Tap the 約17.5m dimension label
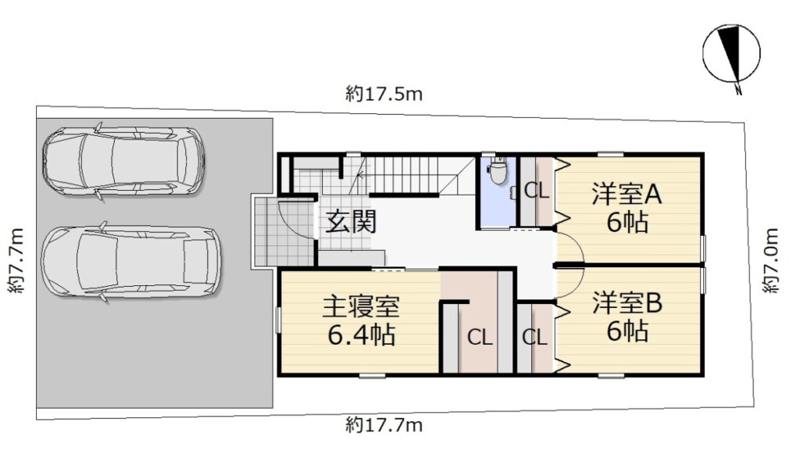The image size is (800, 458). (384, 95)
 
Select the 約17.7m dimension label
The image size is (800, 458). (384, 425)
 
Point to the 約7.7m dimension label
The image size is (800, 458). (16, 260)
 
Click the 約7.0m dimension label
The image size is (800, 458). (771, 260)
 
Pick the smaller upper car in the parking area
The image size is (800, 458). (123, 161)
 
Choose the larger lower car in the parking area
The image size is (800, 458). (130, 262)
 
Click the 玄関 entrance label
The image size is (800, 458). (351, 222)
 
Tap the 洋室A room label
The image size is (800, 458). (627, 194)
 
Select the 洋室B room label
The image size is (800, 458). (627, 303)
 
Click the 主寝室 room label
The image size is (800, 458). (361, 306)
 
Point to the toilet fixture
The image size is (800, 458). (498, 172)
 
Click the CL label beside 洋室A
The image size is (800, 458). (537, 191)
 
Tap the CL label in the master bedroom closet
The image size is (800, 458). (480, 338)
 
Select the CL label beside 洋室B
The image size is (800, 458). (534, 338)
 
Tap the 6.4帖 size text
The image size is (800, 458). (361, 335)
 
